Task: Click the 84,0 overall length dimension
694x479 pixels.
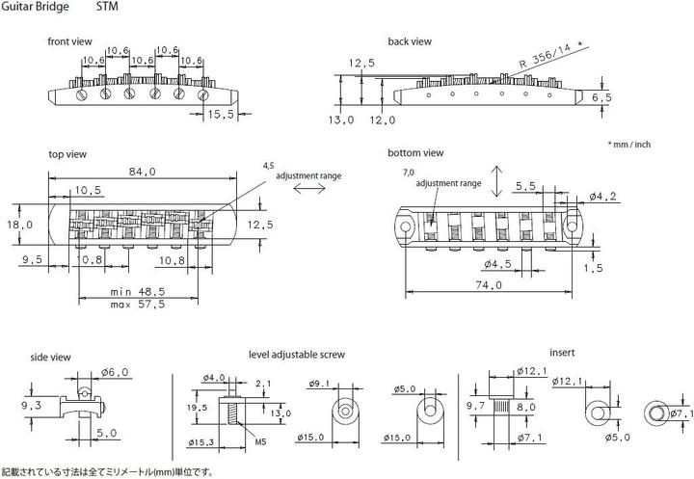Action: click(142, 172)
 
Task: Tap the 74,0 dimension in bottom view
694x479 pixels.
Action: click(489, 285)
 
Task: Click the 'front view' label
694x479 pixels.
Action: click(70, 41)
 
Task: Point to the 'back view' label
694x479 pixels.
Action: click(410, 41)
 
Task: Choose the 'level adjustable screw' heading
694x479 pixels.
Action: click(297, 355)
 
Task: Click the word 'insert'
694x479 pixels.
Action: click(562, 353)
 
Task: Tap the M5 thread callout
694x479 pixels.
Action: click(260, 441)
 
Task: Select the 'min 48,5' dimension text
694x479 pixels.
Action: click(138, 292)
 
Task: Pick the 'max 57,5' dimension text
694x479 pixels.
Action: click(138, 305)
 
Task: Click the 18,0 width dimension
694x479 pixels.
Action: click(20, 225)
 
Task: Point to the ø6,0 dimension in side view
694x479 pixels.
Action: click(115, 372)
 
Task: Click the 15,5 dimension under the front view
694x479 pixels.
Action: click(221, 115)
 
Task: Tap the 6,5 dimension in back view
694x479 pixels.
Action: click(601, 97)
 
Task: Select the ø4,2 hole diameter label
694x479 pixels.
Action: click(602, 197)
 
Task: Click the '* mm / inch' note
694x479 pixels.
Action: click(629, 145)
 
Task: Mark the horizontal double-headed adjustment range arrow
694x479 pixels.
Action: click(309, 189)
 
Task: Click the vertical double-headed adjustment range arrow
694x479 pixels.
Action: click(497, 181)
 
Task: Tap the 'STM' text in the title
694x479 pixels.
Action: click(107, 7)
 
